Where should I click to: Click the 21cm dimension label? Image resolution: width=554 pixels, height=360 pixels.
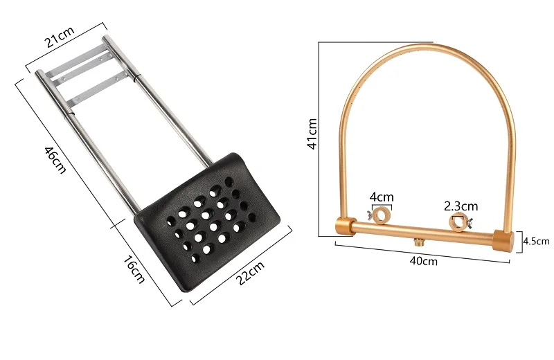(x=60, y=37)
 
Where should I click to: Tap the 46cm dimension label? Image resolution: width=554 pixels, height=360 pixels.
(x=55, y=160)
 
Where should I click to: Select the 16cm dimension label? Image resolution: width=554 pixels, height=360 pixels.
(x=134, y=269)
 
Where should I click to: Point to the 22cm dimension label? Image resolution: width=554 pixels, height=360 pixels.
(x=250, y=273)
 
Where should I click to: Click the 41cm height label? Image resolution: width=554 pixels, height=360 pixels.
(x=312, y=134)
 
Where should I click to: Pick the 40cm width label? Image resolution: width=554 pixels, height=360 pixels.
(x=424, y=261)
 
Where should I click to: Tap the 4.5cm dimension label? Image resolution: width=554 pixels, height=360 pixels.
(x=536, y=242)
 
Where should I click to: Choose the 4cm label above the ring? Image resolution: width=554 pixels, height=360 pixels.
(x=382, y=197)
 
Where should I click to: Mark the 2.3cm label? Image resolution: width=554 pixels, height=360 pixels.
(x=461, y=206)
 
